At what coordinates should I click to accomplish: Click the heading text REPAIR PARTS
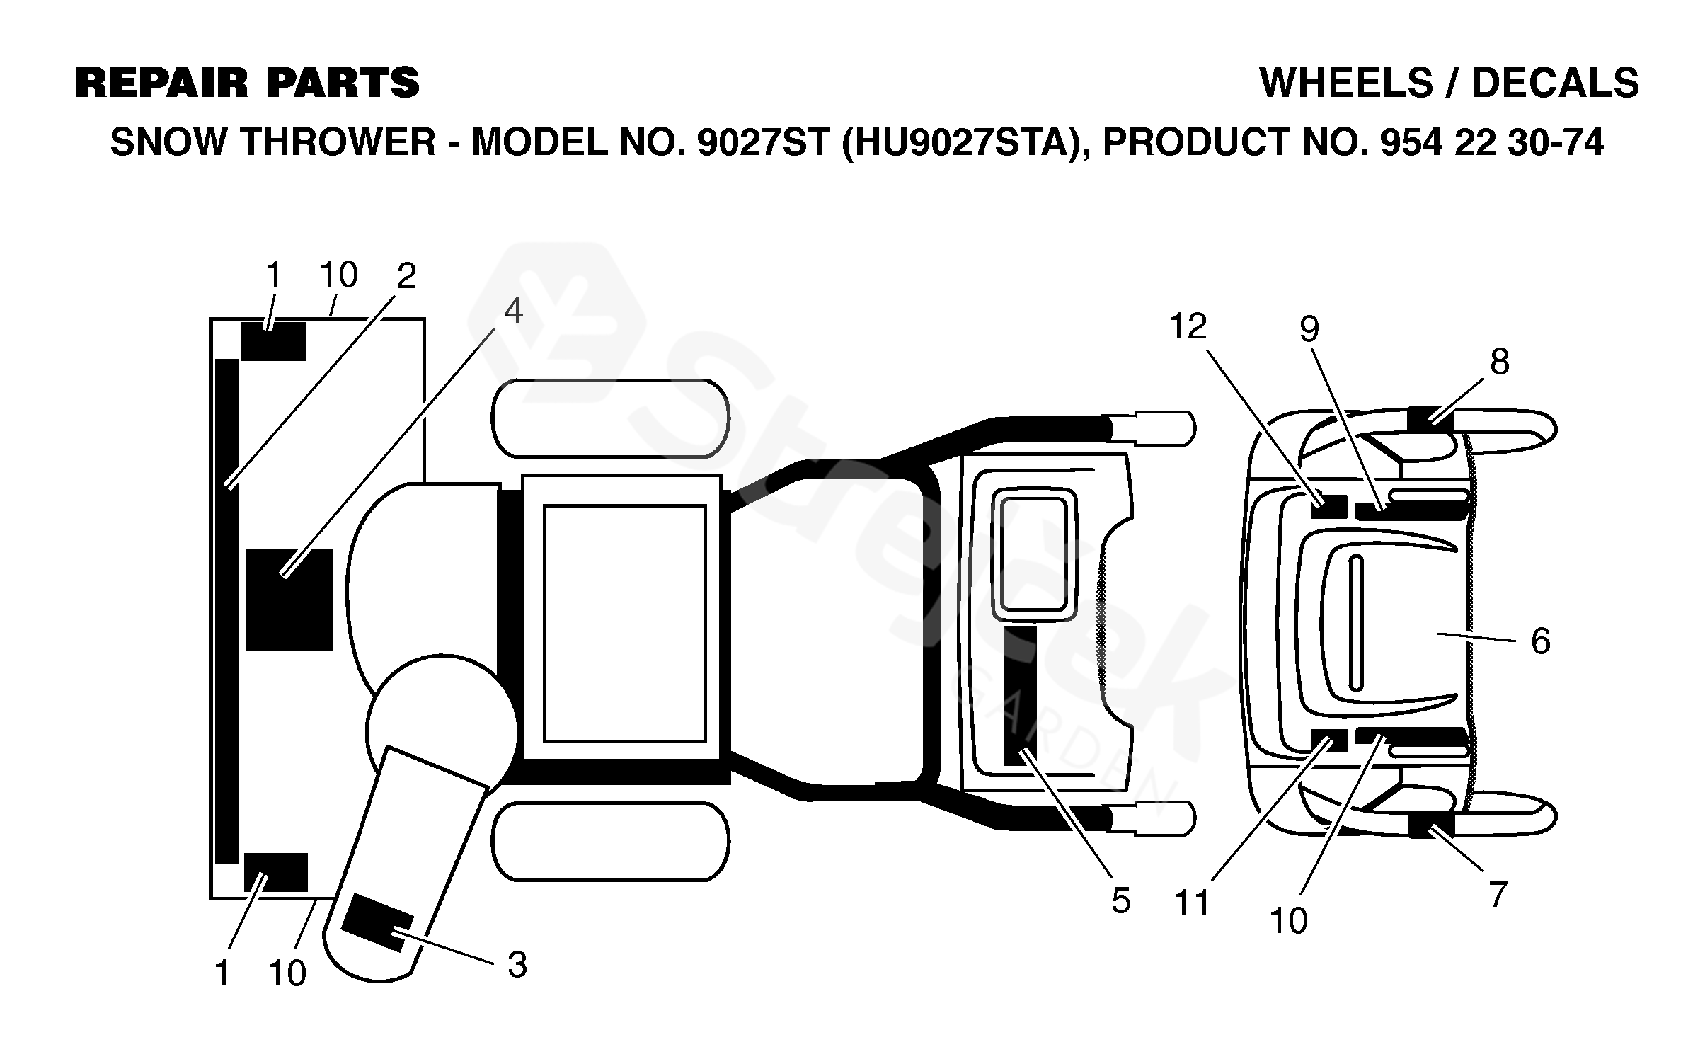coord(247,83)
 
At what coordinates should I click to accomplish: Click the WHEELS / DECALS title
coord(1449,84)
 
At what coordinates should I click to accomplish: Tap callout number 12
coord(1187,327)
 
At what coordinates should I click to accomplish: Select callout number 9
coord(1309,329)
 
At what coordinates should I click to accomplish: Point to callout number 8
coord(1499,362)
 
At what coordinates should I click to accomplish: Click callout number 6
coord(1540,641)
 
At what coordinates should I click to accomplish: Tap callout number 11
coord(1193,904)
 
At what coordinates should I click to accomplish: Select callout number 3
coord(517,965)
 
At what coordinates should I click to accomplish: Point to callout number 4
coord(513,311)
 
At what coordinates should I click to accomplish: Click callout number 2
coord(406,276)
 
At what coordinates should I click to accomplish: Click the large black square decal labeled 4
coord(289,599)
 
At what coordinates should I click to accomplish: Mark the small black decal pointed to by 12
coord(1328,507)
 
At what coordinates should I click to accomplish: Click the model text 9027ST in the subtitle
coord(762,143)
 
